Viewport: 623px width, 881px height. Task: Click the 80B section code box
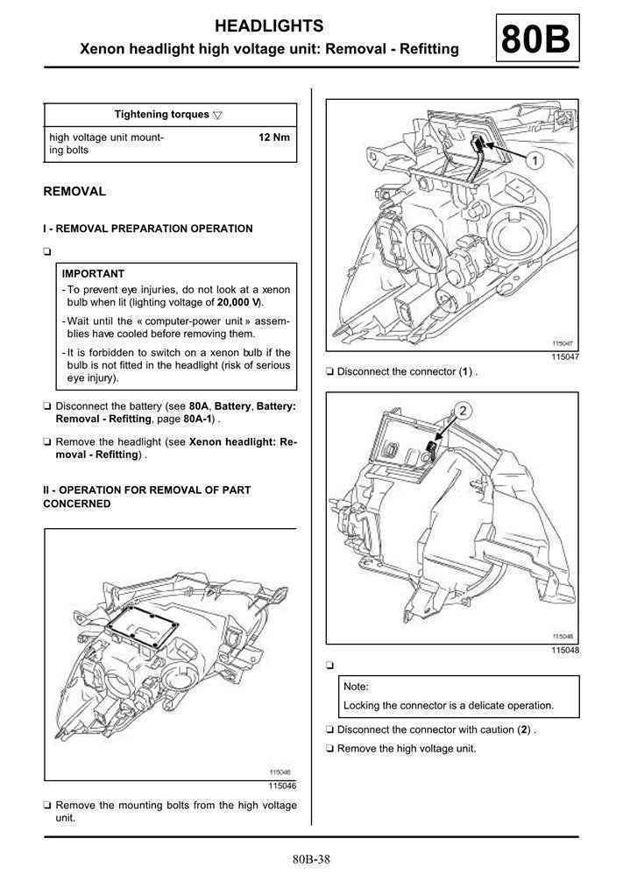coord(537,39)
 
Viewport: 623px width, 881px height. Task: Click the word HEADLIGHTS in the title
coord(269,26)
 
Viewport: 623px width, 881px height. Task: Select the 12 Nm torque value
coord(274,137)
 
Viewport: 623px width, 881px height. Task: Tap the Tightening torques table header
coord(162,115)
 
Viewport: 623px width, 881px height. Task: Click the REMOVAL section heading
coord(74,191)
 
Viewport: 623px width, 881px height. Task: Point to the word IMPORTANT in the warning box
coord(93,273)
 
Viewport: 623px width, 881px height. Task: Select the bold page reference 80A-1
coord(198,419)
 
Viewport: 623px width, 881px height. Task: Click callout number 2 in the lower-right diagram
coord(464,410)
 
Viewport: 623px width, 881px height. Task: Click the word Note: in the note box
coord(356,687)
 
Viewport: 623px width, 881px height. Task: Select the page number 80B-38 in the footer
coord(312,859)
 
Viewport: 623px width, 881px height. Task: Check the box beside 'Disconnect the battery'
coord(47,407)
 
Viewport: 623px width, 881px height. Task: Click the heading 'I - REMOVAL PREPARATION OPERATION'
coord(147,229)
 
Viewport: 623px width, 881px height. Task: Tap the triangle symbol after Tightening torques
coord(217,115)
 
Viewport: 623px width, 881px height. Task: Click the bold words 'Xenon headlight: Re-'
coord(243,442)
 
